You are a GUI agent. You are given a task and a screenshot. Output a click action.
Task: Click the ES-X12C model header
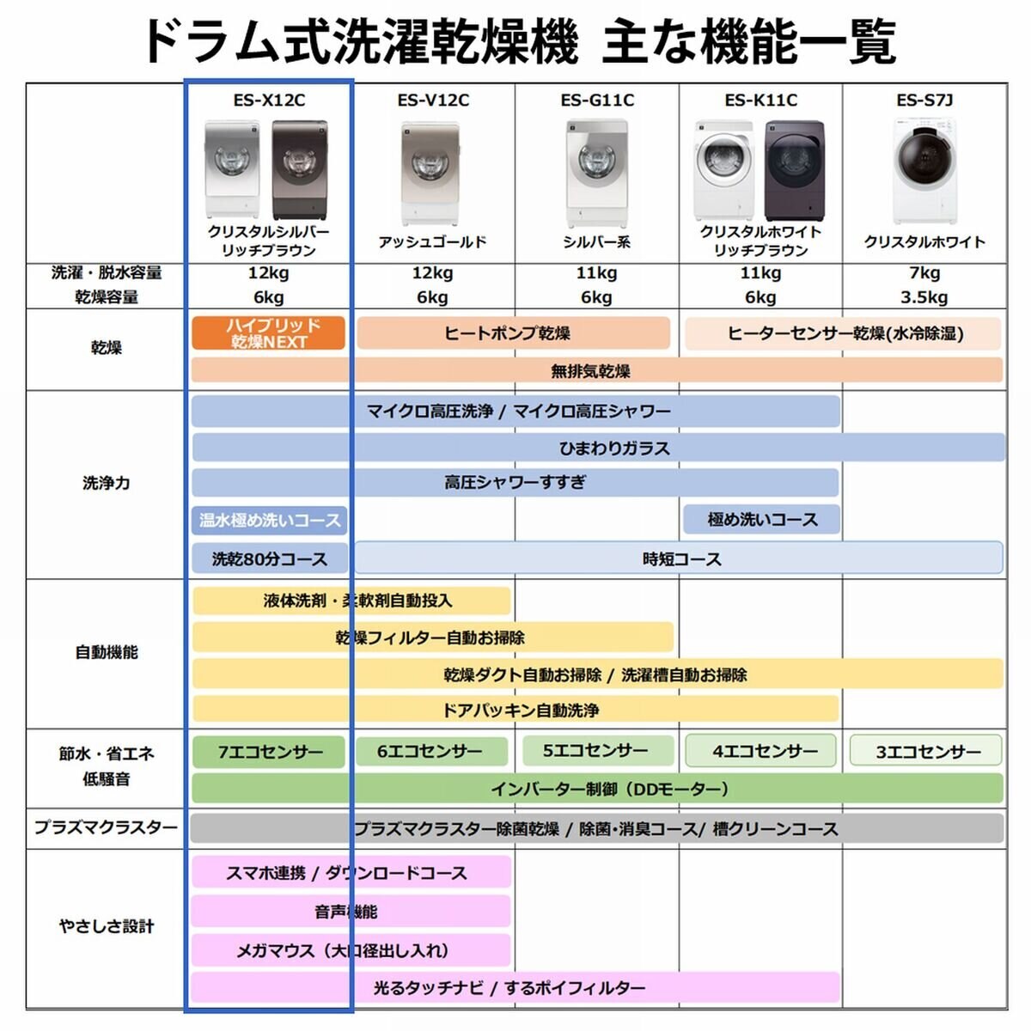click(269, 101)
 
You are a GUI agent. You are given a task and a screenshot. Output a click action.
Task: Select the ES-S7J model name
click(924, 101)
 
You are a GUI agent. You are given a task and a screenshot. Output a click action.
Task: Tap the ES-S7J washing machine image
click(924, 171)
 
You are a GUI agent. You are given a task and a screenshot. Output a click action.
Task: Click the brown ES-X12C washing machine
click(299, 169)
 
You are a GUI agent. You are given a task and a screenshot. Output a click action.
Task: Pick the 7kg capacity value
click(924, 273)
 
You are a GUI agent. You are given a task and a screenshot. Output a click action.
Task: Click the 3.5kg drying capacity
click(924, 297)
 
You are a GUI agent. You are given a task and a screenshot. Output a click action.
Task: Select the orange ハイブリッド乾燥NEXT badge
click(268, 333)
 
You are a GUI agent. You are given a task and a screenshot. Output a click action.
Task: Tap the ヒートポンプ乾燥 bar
click(513, 333)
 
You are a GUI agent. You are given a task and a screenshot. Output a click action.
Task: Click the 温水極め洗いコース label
click(270, 520)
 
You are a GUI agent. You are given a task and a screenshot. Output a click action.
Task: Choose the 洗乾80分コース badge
click(270, 559)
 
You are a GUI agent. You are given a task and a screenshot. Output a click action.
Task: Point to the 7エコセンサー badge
click(269, 752)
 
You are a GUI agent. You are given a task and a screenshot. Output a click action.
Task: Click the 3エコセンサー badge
click(926, 752)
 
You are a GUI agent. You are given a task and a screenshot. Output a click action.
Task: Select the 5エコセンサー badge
click(596, 751)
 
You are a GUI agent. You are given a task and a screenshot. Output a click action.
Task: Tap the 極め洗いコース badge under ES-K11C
click(761, 520)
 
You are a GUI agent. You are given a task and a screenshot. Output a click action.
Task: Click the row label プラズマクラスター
click(106, 828)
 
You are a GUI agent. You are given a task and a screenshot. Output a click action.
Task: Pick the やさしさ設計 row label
click(106, 926)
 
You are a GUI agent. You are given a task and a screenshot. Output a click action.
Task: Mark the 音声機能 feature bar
click(350, 912)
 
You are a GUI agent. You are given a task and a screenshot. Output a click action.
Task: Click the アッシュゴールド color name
click(432, 242)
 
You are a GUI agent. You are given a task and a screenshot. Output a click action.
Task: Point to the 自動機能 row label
click(106, 652)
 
